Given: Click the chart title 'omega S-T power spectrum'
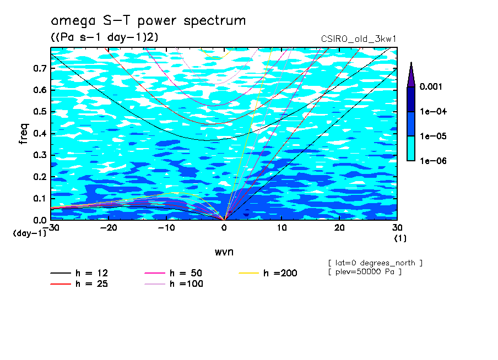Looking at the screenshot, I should [x=148, y=21].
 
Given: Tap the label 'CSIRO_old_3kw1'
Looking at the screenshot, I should [x=359, y=39].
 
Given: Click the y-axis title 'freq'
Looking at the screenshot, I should [x=24, y=134].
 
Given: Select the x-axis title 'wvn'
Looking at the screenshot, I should [x=224, y=252].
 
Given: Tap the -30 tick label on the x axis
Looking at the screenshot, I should [x=51, y=227].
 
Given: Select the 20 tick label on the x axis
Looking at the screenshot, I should [x=339, y=227].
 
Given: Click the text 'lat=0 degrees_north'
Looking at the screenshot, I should [x=375, y=263].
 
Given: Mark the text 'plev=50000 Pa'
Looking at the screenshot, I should [x=364, y=272].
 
